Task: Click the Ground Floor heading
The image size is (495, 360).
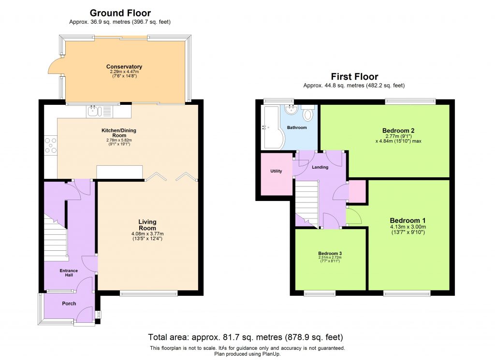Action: tap(120, 13)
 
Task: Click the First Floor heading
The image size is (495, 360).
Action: tap(354, 76)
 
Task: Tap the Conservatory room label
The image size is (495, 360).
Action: tap(124, 67)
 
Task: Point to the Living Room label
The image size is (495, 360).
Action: tap(147, 225)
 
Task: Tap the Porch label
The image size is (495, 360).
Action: tap(69, 303)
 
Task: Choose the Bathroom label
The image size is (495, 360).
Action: tap(297, 128)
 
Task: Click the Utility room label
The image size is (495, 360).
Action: tap(276, 171)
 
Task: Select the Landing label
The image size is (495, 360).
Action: tap(320, 167)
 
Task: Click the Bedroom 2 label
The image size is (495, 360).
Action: tap(398, 130)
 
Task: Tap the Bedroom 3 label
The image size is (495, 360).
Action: tap(330, 253)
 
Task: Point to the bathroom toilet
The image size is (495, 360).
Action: tap(308, 115)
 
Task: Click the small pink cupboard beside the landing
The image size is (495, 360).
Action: tap(357, 191)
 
